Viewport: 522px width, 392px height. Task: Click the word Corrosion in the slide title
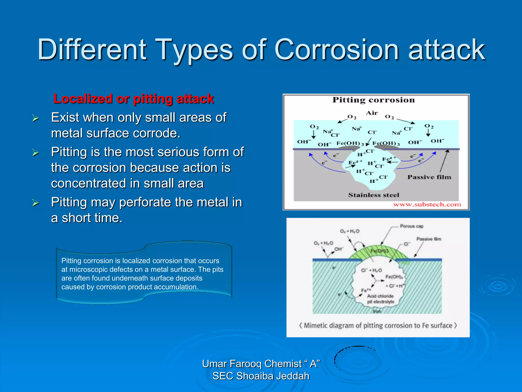pos(336,50)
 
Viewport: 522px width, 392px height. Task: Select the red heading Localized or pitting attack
pos(134,99)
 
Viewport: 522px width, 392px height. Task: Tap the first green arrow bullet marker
pos(35,118)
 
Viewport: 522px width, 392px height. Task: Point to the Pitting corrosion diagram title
pos(373,100)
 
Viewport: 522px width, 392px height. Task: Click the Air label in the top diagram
pos(372,113)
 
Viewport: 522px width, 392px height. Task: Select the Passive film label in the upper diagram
pos(429,177)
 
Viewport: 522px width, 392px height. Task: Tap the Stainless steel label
pos(373,195)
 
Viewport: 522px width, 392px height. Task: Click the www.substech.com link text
pos(427,204)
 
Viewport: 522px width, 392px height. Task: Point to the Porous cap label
pos(411,226)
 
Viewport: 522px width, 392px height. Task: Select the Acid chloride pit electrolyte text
pos(380,299)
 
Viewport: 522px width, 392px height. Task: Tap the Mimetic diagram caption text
pos(378,326)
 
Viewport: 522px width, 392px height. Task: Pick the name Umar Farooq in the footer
pos(232,364)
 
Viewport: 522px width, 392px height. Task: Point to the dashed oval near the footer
pos(357,360)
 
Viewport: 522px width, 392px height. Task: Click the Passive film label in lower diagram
pos(429,239)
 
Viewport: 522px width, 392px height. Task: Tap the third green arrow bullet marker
pos(35,203)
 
